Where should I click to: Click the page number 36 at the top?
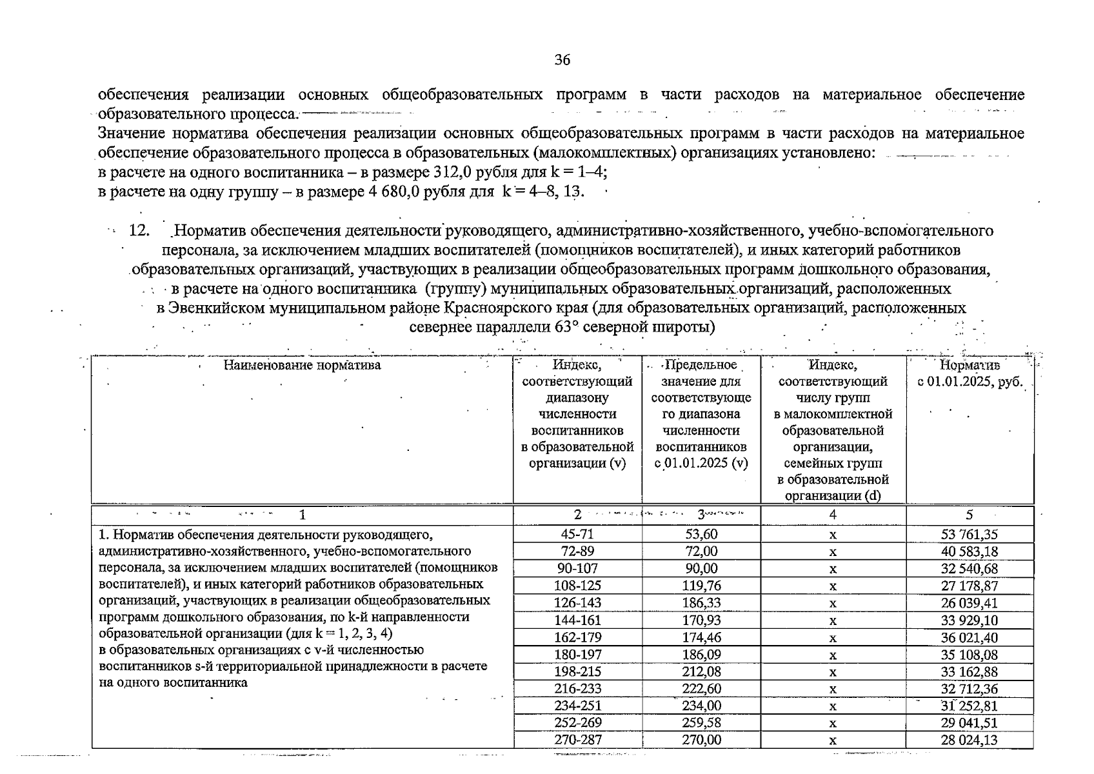pyautogui.click(x=562, y=60)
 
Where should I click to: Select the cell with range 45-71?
pyautogui.click(x=577, y=534)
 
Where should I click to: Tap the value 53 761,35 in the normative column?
pyautogui.click(x=969, y=534)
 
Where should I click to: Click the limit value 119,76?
pyautogui.click(x=701, y=586)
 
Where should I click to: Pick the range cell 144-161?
pyautogui.click(x=577, y=620)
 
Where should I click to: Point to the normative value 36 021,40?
pyautogui.click(x=969, y=637)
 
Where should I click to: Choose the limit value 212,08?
pyautogui.click(x=701, y=671)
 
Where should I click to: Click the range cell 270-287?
pyautogui.click(x=577, y=740)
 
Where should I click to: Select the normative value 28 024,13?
pyautogui.click(x=969, y=740)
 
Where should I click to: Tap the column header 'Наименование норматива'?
pyautogui.click(x=302, y=365)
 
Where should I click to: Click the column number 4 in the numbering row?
pyautogui.click(x=833, y=515)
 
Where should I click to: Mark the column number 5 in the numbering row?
pyautogui.click(x=969, y=515)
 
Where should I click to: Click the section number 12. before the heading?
pyautogui.click(x=139, y=231)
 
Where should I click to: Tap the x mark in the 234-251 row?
pyautogui.click(x=833, y=706)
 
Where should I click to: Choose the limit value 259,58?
pyautogui.click(x=701, y=723)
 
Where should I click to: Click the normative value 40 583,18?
pyautogui.click(x=969, y=551)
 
